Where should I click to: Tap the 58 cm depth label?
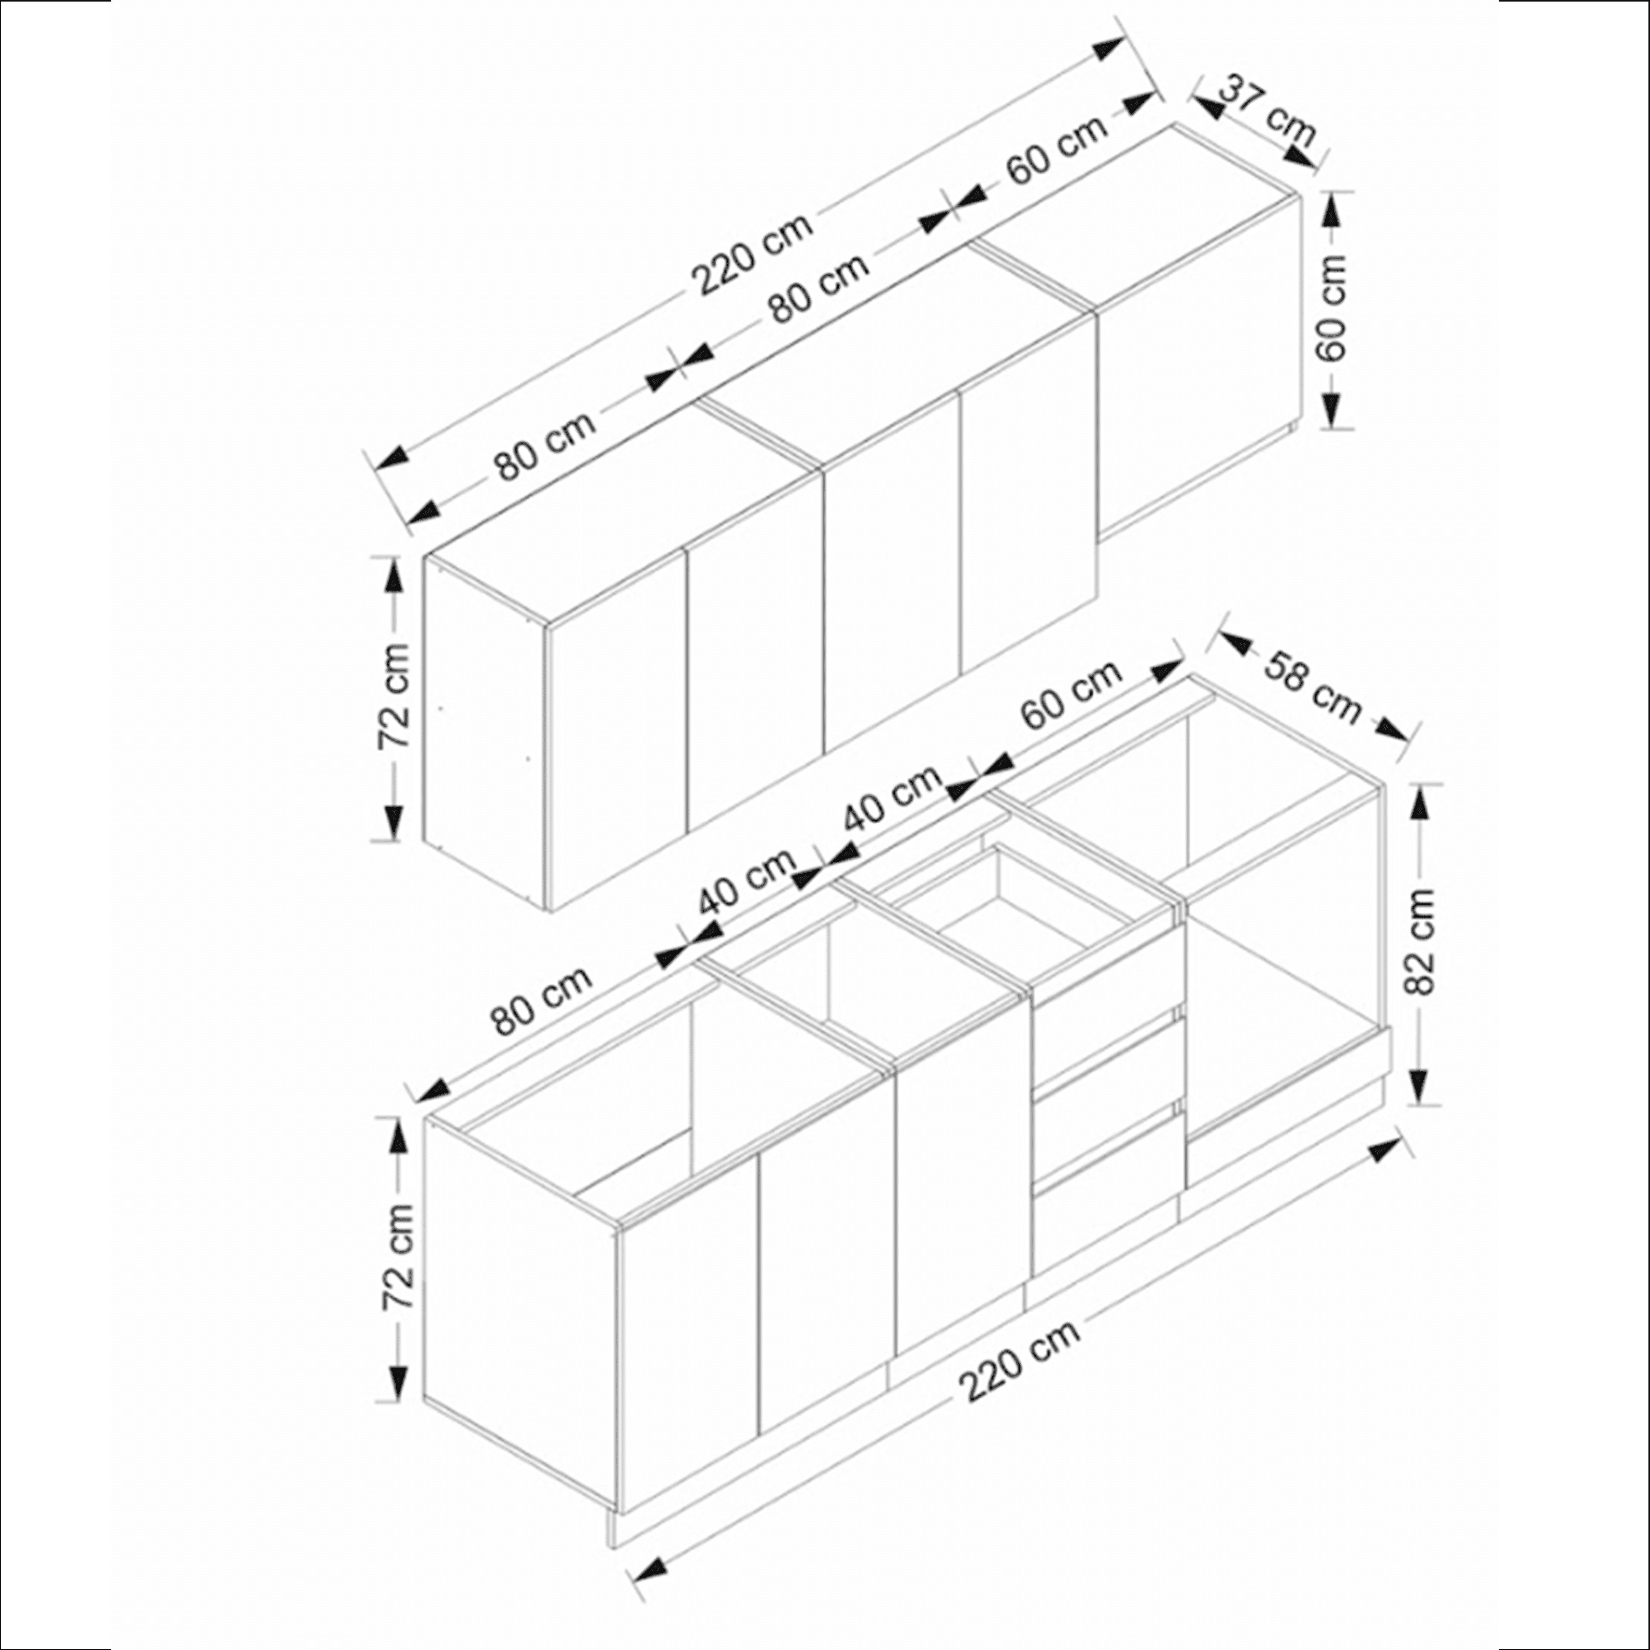click(x=1312, y=687)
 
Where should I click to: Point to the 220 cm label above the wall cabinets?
click(x=752, y=254)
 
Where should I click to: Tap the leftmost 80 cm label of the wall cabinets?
click(x=544, y=445)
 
